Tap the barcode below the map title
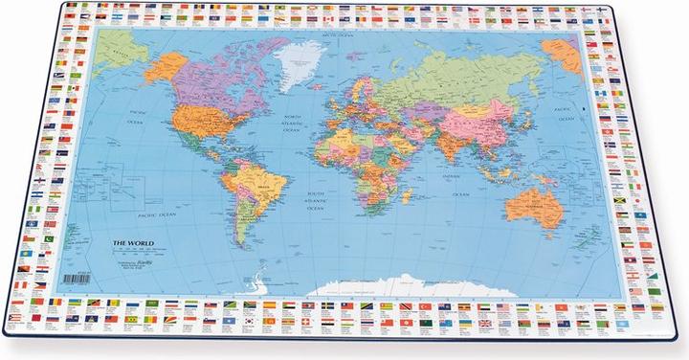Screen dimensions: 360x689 coord(76,278)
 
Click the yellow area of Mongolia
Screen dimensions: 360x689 coord(494,87)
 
